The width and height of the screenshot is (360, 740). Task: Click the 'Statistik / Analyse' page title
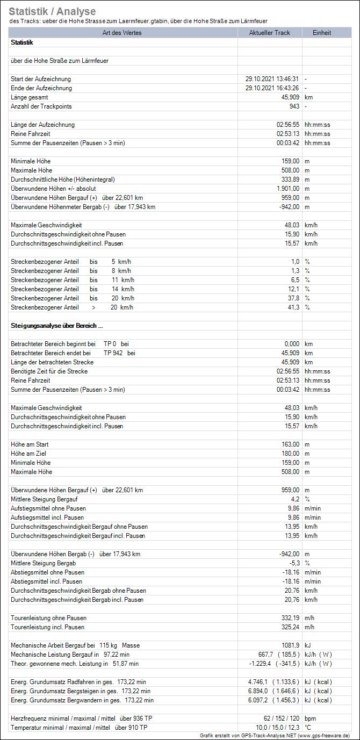click(x=52, y=11)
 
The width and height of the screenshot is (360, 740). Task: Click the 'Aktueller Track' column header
click(x=269, y=33)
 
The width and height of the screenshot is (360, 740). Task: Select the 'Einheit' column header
click(x=322, y=33)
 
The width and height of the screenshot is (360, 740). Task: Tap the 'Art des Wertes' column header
click(x=124, y=33)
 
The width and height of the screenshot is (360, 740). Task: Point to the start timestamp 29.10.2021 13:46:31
click(x=272, y=79)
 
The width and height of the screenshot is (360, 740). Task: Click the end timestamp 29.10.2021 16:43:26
click(x=272, y=88)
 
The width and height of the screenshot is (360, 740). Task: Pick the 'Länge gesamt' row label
click(x=29, y=97)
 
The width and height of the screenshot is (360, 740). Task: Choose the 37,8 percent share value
click(x=293, y=298)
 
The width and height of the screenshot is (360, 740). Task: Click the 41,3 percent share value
click(x=293, y=307)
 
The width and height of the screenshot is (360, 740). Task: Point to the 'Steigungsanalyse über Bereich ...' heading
click(x=56, y=326)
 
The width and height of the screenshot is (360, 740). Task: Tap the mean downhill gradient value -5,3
click(x=294, y=563)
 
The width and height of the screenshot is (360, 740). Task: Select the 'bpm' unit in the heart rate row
click(x=311, y=719)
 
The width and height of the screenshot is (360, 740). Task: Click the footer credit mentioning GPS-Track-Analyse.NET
click(x=275, y=735)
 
